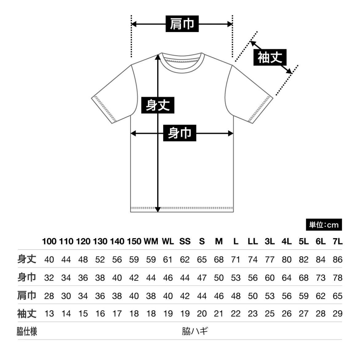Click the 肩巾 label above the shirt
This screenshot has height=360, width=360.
(x=182, y=24)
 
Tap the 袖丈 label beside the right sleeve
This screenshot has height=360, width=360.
(x=270, y=57)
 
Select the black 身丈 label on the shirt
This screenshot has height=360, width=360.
(x=158, y=105)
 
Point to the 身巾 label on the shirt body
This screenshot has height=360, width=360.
(x=180, y=133)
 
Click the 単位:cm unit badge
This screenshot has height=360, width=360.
(x=324, y=225)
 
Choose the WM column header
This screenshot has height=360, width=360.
(x=151, y=241)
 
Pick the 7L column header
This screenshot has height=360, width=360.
(x=337, y=241)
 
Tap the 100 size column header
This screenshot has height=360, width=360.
(x=49, y=241)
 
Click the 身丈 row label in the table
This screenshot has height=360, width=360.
(x=27, y=259)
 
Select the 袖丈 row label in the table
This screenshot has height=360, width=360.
(x=27, y=314)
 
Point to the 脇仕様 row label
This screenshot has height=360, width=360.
(x=27, y=331)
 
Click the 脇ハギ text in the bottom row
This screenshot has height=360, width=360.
(x=195, y=331)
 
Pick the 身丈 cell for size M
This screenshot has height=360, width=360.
(x=218, y=259)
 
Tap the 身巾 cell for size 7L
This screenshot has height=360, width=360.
(x=338, y=278)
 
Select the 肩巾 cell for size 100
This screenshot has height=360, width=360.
(x=49, y=296)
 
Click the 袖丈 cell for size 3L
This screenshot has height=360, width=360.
(x=270, y=314)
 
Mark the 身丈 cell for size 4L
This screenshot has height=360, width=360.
(x=286, y=259)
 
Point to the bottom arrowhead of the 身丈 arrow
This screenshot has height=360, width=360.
(x=158, y=209)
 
